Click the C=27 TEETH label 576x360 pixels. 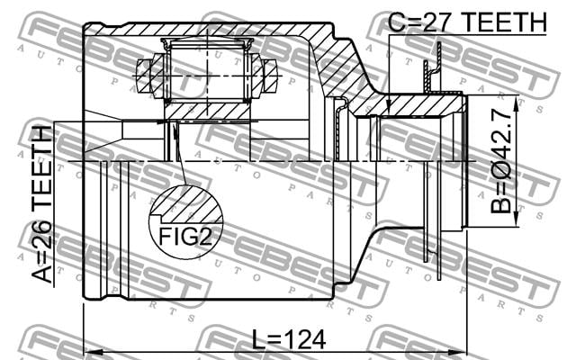click(x=467, y=22)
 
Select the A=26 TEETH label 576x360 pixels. click(x=41, y=204)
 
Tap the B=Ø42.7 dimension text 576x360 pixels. click(x=501, y=162)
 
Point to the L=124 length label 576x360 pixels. click(x=289, y=340)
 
